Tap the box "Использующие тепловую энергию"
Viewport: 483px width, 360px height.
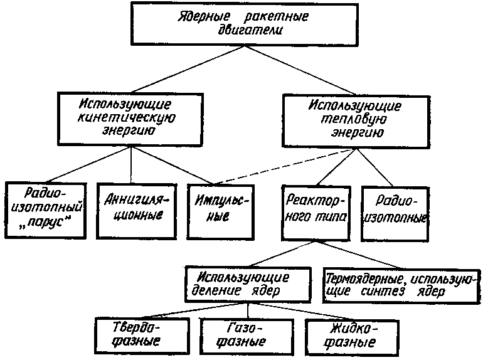(355, 120)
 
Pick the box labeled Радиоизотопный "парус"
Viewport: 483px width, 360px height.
(45, 208)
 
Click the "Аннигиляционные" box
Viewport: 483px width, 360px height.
(130, 208)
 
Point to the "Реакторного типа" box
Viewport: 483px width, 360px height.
(311, 211)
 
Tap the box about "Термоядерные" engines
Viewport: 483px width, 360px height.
(401, 285)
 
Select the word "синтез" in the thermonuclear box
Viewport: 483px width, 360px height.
(393, 292)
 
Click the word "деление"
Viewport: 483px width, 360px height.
(222, 291)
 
